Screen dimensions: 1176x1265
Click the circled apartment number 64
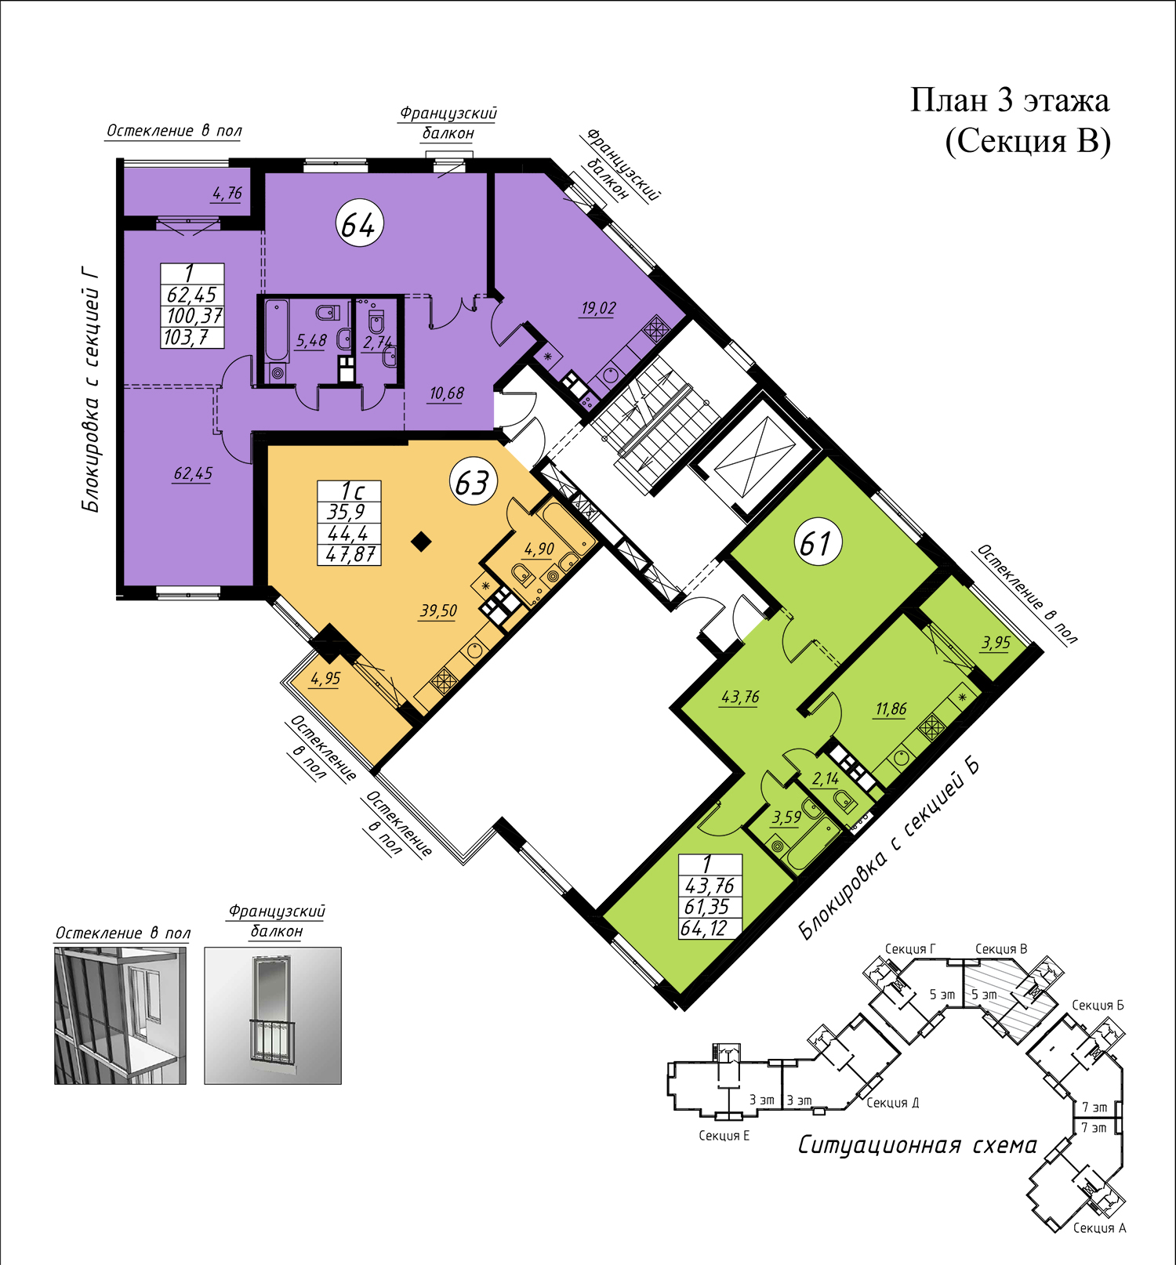click(360, 224)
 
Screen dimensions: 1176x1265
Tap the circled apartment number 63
click(473, 483)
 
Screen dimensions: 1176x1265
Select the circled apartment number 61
click(817, 543)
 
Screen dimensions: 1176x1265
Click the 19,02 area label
click(598, 308)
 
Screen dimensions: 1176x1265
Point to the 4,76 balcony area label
click(227, 193)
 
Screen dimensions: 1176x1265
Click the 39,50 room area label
click(438, 611)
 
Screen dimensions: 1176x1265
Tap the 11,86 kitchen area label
click(891, 709)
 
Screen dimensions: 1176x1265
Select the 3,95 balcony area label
click(996, 643)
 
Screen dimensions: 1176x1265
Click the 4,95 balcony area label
click(325, 679)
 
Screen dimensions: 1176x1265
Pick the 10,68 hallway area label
click(446, 393)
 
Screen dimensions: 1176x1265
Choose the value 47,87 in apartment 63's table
click(351, 554)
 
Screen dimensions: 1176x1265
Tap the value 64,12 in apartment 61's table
click(704, 929)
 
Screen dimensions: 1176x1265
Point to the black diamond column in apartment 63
click(422, 542)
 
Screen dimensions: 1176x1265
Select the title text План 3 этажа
click(1010, 100)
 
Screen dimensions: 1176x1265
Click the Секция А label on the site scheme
click(1099, 1228)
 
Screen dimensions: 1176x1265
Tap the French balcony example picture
click(273, 1016)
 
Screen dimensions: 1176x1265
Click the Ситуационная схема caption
click(917, 1145)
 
